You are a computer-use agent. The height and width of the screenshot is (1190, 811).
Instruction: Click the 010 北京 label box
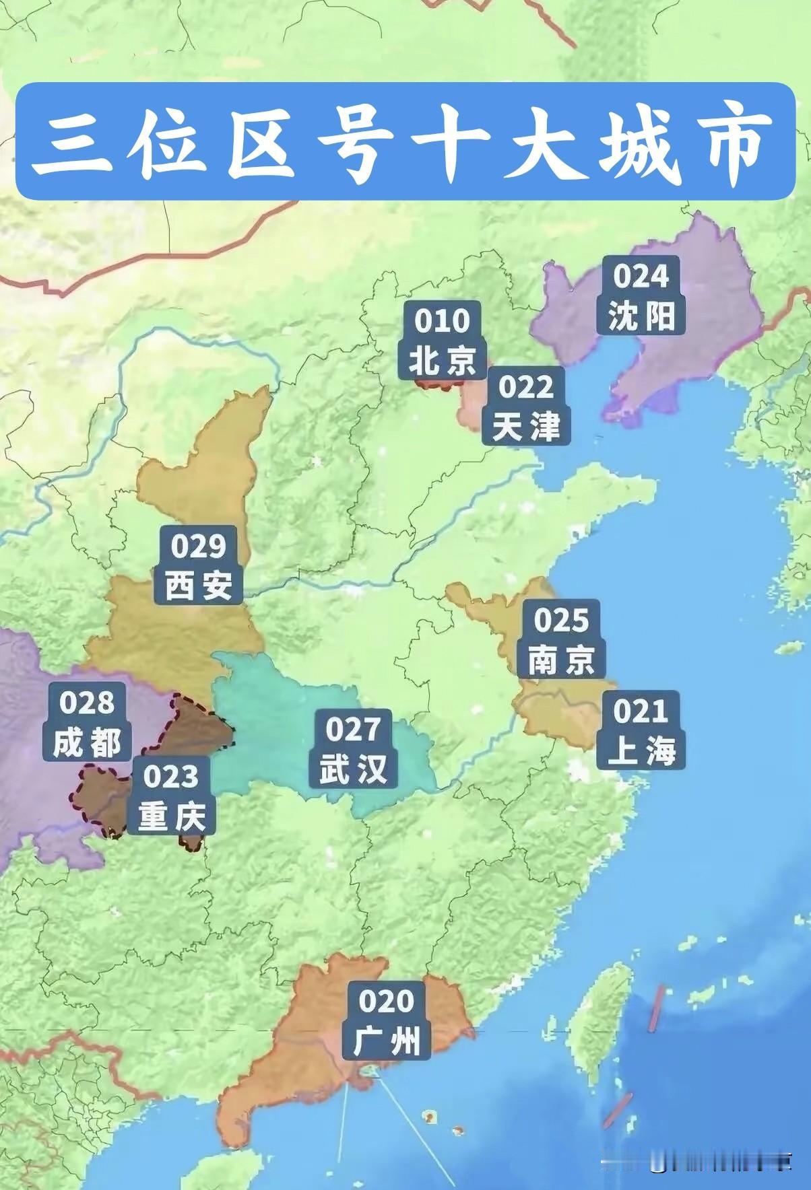coord(442,341)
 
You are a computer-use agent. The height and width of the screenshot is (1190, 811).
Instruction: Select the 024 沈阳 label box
coord(641,295)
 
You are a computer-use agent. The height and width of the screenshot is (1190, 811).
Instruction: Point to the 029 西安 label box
coord(199,565)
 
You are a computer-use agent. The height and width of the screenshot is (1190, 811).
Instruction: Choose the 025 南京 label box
coord(562,639)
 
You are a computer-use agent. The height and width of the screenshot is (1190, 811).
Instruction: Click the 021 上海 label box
coord(641,731)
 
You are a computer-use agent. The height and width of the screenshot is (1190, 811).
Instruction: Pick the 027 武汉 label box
coord(353,749)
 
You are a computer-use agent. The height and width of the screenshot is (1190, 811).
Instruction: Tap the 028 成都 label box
coord(87,722)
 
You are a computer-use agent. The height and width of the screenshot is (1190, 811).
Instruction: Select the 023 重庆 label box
coord(171,796)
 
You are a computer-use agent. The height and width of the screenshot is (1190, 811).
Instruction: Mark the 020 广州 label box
coord(387,1020)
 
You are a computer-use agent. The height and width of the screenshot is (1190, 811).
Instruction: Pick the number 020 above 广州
coord(387,1001)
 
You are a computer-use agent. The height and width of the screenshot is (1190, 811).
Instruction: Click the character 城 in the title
coord(643,143)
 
